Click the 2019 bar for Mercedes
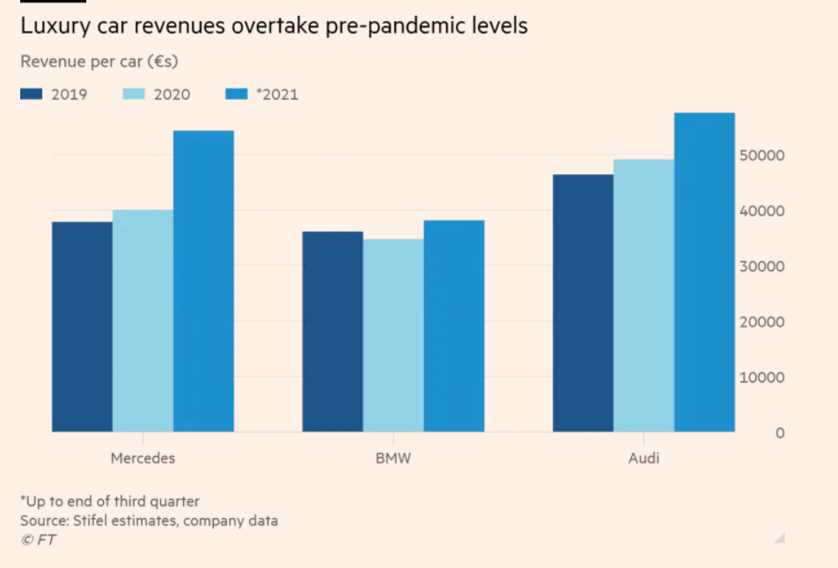coord(82,327)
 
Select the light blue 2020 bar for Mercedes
coord(143,321)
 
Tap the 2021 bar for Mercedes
coord(203,281)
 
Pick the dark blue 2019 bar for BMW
coord(332,331)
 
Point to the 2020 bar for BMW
coord(393,336)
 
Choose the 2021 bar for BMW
coord(453,326)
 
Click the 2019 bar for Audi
coord(583,303)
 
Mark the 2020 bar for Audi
coord(643,295)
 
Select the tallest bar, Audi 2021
coord(704,272)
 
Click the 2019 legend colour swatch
coord(32,94)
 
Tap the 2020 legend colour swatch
coord(134,94)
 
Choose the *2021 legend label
coord(277,94)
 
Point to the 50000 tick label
coord(763,156)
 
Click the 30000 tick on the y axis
coord(763,267)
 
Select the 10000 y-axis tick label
coord(763,378)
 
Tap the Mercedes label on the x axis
coord(143,458)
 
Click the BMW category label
coord(393,458)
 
